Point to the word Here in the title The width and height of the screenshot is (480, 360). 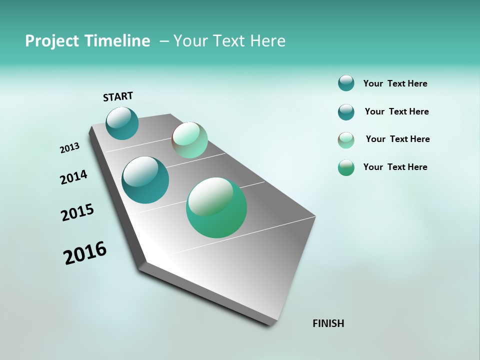point(268,41)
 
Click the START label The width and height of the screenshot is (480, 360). point(118,96)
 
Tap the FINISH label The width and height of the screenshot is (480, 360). point(328,323)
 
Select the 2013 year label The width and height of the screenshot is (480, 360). point(70,148)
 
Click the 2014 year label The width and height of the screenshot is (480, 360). point(74,177)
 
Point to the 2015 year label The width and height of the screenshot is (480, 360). point(77,212)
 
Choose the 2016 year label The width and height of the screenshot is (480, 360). point(85,253)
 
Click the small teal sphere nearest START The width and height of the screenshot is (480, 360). point(122,123)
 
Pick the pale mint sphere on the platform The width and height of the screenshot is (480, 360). point(189,140)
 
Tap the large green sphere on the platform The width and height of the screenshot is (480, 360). point(216,207)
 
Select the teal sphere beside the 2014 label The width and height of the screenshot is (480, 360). point(145,180)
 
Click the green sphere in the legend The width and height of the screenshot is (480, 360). point(346,167)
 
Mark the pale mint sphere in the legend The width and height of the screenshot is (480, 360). point(346,140)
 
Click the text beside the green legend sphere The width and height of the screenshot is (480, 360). point(395,167)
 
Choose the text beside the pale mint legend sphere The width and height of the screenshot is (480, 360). point(397,139)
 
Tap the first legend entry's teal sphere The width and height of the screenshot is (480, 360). point(346,83)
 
